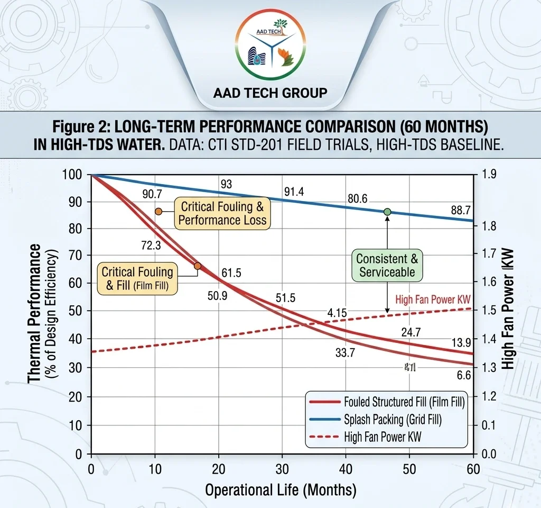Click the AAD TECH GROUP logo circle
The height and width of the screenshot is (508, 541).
pyautogui.click(x=270, y=46)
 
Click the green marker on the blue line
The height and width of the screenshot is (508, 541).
pyautogui.click(x=387, y=212)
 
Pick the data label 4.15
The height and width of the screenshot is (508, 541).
pyautogui.click(x=337, y=313)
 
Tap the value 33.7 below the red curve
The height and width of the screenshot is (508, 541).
pyautogui.click(x=346, y=353)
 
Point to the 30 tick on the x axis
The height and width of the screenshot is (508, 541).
pyautogui.click(x=282, y=468)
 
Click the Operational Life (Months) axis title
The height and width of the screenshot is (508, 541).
pyautogui.click(x=281, y=489)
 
